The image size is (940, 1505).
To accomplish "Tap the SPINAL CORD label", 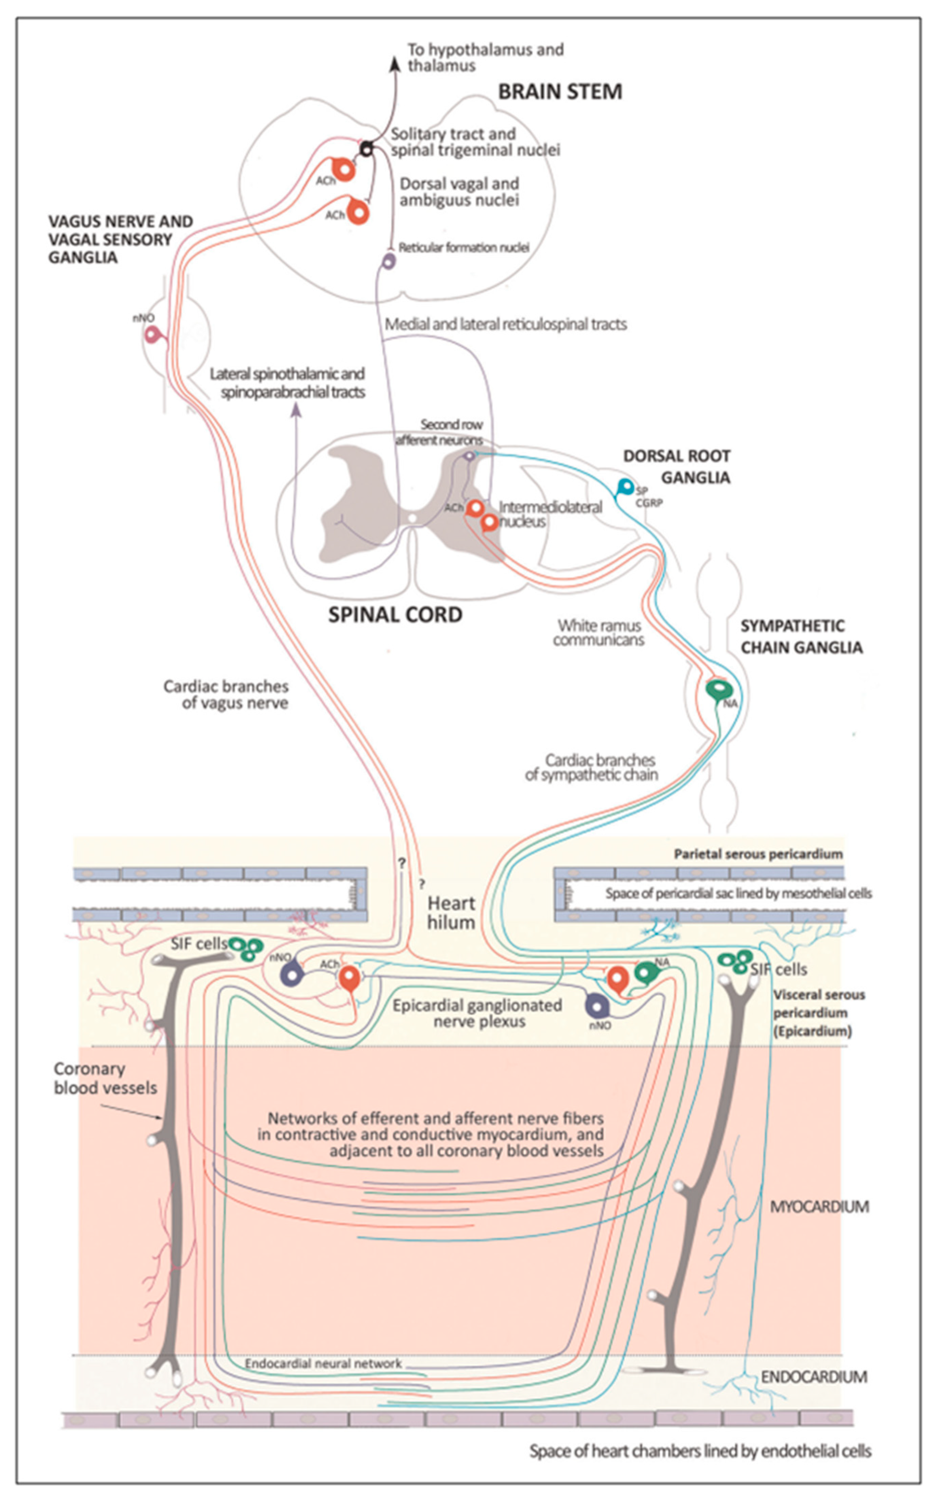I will pos(395,615).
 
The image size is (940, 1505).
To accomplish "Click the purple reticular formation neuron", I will pos(388,261).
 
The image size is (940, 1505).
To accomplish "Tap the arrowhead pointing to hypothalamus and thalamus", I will pos(394,64).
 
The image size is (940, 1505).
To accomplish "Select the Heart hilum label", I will pos(451,913).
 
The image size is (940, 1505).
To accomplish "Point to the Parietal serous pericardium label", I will pos(758,854).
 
